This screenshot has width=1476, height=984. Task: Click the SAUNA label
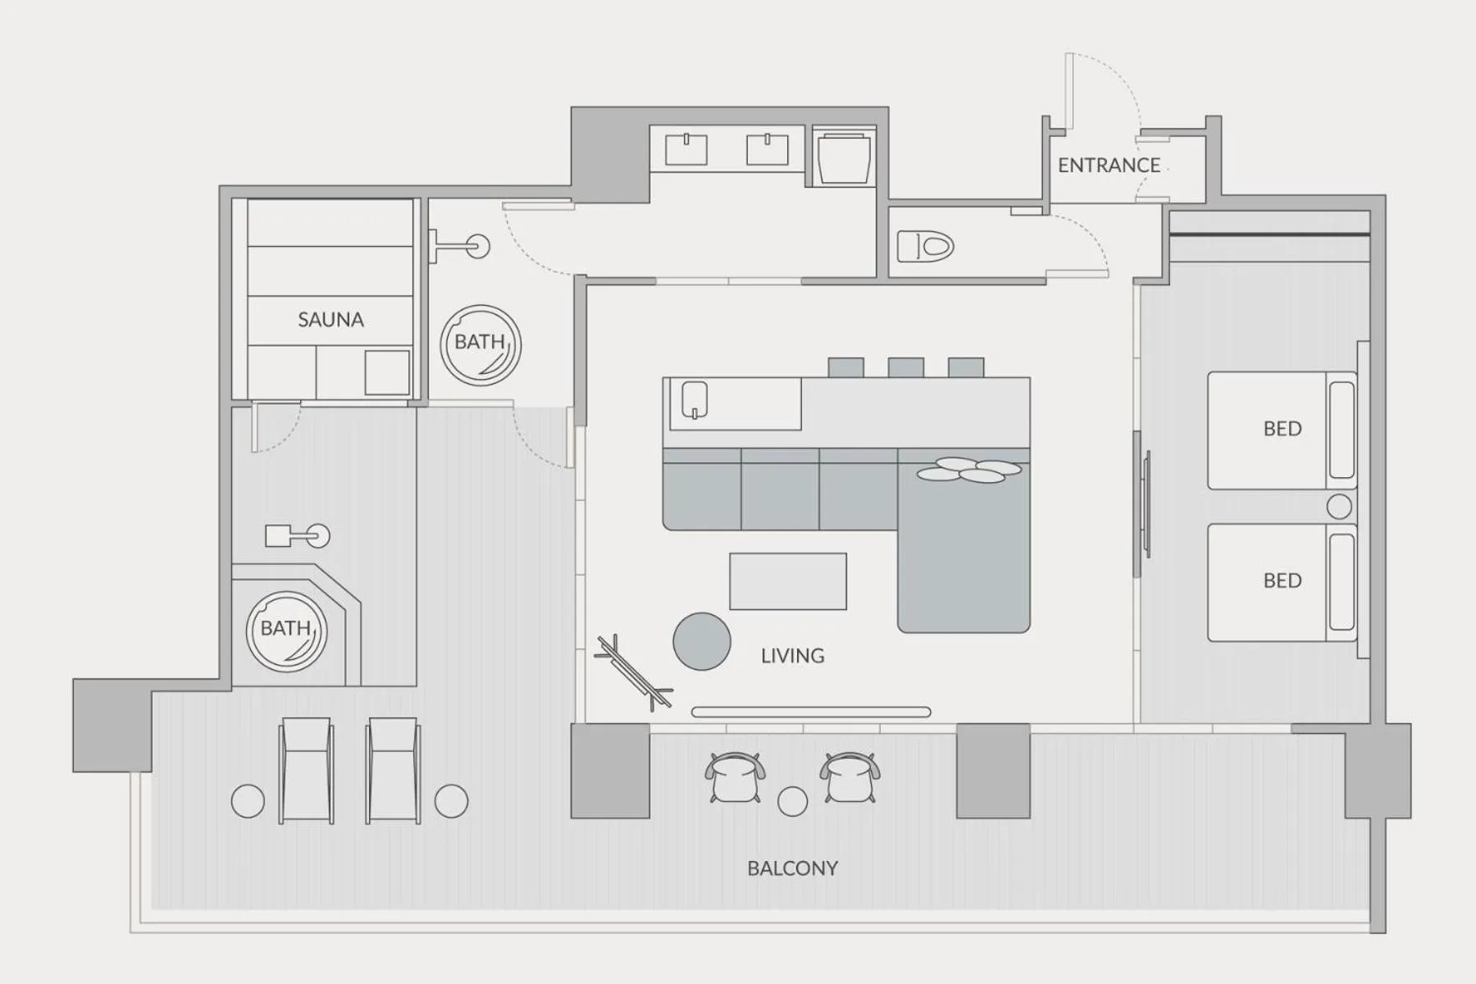click(330, 320)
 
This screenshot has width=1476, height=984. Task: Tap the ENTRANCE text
click(1109, 166)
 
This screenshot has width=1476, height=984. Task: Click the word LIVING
click(792, 656)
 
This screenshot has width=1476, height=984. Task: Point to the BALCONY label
click(792, 868)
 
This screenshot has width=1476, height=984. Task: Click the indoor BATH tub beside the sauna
click(481, 344)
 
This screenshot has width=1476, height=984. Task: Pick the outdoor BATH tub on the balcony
click(287, 631)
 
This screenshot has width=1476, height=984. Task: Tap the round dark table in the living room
click(702, 641)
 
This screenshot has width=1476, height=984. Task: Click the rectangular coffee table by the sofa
click(788, 581)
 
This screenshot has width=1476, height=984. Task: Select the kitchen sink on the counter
click(695, 400)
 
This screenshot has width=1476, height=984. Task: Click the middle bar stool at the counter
click(906, 367)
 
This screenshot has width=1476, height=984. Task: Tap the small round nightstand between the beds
click(1339, 507)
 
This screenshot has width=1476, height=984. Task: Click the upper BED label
click(1282, 429)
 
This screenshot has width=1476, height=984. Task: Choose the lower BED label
click(1282, 581)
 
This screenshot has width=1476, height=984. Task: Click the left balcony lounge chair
click(306, 770)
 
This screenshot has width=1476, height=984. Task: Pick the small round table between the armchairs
click(792, 801)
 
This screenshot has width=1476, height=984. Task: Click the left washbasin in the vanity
click(686, 150)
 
